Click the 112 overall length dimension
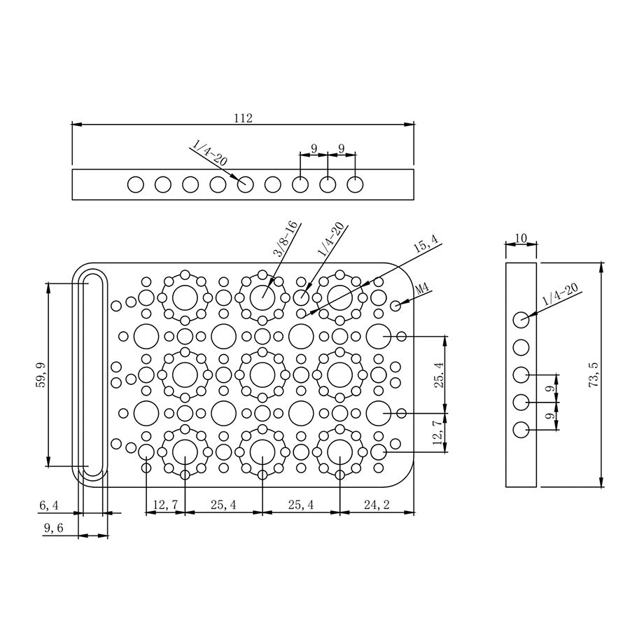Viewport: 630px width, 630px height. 243,118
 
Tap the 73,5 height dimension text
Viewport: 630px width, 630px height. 594,374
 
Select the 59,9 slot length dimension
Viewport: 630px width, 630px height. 41,375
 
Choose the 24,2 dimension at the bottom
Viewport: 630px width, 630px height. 377,505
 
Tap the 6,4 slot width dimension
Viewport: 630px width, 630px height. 49,505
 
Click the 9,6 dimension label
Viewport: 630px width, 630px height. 53,528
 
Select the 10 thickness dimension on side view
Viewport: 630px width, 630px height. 521,238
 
